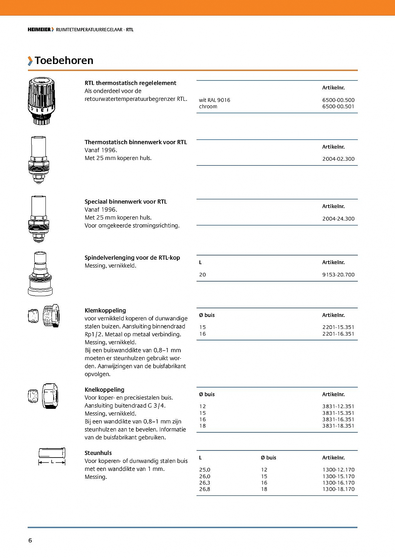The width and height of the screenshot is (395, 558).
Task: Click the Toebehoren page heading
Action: pos(64,61)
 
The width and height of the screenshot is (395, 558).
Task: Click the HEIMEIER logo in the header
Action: pos(39,30)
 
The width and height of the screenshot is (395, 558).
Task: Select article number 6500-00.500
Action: pos(338,100)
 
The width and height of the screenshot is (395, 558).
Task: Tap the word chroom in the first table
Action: pos(208,107)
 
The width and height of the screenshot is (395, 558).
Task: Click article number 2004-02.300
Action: pos(338,159)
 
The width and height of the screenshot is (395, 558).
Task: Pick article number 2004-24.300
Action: pos(338,219)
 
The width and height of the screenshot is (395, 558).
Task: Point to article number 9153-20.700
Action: pos(338,275)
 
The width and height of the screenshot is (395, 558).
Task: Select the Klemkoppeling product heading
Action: pos(105,311)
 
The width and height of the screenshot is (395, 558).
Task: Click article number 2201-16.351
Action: pos(338,334)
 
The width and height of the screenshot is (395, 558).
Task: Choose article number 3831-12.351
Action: pos(338,407)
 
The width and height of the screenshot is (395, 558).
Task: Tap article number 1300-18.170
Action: pos(338,490)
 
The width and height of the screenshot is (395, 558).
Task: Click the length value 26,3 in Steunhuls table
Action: pos(205,483)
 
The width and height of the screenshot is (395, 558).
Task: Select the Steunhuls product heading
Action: pos(98,453)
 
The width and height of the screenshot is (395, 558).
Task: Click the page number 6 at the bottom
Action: pos(30,541)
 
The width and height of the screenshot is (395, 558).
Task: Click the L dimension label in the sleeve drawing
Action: pos(52,462)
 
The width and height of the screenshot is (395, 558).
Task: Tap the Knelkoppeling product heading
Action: pos(104,390)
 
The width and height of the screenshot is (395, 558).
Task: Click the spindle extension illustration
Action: pos(40,274)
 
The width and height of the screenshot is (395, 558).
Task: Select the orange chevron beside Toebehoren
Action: pos(30,61)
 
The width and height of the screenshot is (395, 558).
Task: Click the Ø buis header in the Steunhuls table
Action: pos(268,458)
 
